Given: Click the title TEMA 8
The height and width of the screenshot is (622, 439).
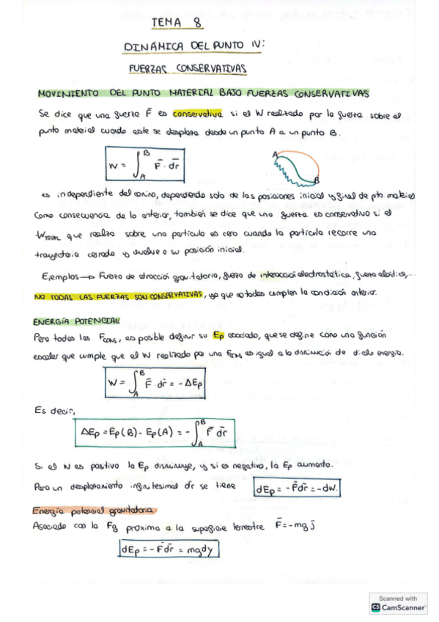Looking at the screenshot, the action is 177,23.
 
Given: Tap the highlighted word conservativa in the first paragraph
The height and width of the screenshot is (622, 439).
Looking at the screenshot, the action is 197,114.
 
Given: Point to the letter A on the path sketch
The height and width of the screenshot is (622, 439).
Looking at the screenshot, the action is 274,154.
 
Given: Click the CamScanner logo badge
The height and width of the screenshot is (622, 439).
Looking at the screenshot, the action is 399,604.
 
